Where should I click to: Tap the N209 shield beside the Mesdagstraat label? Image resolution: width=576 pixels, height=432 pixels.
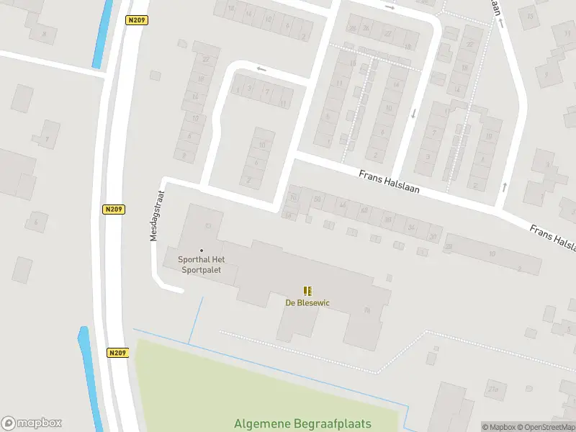(114, 210)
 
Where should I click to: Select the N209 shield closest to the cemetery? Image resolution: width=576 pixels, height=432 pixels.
(118, 353)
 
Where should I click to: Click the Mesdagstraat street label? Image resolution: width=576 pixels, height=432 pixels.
(157, 215)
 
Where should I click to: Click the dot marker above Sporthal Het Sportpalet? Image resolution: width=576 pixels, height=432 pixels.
(202, 251)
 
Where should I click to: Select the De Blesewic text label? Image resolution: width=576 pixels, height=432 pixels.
(307, 302)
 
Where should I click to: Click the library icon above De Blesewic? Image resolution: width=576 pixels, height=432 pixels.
(307, 291)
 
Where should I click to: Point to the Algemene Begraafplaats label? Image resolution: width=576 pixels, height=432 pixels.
(316, 425)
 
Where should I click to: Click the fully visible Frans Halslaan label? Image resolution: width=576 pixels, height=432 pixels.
(390, 181)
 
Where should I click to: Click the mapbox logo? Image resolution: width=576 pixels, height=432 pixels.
(32, 423)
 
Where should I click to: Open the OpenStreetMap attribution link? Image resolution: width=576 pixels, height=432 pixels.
(546, 427)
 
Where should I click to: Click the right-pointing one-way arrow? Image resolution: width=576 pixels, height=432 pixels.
(390, 7)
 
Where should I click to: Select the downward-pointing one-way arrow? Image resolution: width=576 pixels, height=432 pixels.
(413, 114)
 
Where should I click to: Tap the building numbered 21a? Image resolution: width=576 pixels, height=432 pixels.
(493, 390)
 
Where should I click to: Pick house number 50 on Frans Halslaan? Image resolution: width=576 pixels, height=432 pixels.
(317, 199)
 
